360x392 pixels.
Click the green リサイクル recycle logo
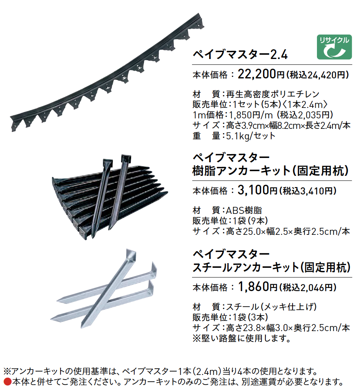(334, 47)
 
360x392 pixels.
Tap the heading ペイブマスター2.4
(240, 54)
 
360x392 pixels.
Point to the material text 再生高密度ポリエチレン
(273, 94)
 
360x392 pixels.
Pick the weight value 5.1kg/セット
(251, 136)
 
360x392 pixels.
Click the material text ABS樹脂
(244, 210)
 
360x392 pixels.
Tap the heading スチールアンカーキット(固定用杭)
(271, 267)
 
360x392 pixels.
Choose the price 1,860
(254, 287)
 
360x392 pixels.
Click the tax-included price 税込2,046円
(308, 288)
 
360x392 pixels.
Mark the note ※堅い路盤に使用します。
(242, 338)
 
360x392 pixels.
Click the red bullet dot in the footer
(8, 382)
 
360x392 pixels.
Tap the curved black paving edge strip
(107, 75)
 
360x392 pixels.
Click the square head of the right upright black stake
(127, 158)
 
